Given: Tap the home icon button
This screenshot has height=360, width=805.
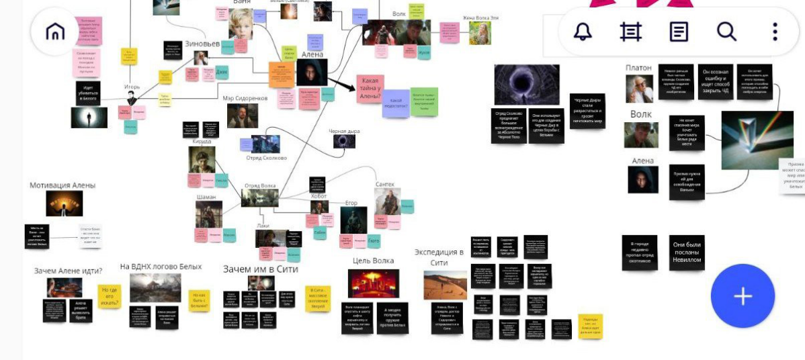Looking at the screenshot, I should point(54,32).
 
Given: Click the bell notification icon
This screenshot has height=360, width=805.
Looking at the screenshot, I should point(582,32).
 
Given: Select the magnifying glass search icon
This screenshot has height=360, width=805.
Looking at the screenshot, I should point(726,32).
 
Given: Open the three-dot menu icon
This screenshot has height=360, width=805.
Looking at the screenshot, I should point(775,32).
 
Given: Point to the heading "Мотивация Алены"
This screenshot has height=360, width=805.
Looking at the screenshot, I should point(62,185).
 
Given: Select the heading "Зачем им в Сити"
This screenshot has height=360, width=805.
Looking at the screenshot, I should point(260,269).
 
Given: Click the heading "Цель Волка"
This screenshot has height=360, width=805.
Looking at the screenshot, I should point(373,261).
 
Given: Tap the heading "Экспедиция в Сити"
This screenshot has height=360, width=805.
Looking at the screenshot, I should point(439,257).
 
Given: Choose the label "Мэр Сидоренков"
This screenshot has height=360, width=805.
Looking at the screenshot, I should point(245,98).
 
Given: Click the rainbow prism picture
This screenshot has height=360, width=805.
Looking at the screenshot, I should point(747,140).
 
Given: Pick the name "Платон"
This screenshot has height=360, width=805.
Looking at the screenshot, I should point(638,68).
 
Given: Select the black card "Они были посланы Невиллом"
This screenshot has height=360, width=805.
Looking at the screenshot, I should point(687,253).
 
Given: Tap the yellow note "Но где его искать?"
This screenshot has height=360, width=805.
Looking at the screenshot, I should point(110,295).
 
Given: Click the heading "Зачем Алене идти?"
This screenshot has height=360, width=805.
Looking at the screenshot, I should point(68,271).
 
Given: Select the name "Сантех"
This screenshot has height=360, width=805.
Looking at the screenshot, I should point(385,184).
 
